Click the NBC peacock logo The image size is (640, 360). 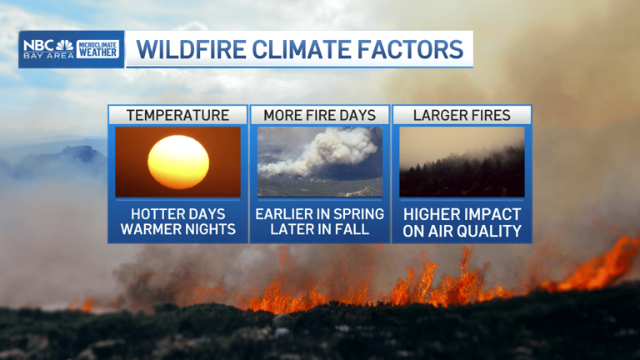(x=64, y=45)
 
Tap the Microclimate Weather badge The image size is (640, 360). (x=97, y=48)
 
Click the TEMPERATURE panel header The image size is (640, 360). (x=177, y=115)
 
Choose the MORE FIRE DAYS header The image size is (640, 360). (x=319, y=115)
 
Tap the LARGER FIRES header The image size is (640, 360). (x=462, y=115)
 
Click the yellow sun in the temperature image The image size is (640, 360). (x=178, y=162)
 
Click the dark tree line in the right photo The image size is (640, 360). (x=462, y=175)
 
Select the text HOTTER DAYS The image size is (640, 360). (x=178, y=214)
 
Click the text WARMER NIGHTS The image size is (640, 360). (x=178, y=229)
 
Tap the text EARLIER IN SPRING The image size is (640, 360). (x=319, y=214)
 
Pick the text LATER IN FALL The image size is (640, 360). (x=319, y=229)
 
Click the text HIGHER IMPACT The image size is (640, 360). (x=462, y=214)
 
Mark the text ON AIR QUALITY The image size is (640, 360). (x=462, y=231)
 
